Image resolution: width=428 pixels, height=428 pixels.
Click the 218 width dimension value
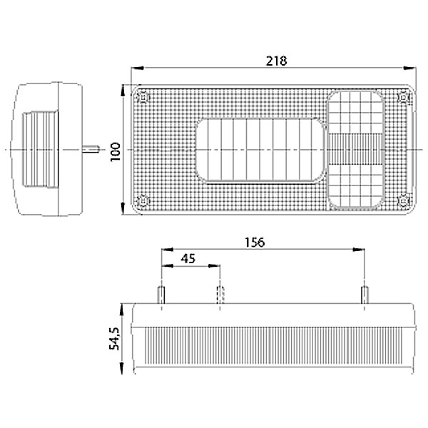coord(277,61)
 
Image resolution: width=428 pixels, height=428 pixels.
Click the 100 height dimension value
coord(116,152)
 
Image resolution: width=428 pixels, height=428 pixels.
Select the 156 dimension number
coord(255,242)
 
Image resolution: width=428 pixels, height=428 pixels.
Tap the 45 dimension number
coord(188,258)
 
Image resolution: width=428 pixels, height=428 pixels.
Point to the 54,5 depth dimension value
coord(114,338)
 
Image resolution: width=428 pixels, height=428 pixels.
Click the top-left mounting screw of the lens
coord(143,97)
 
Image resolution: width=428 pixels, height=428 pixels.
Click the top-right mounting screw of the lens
coord(403,97)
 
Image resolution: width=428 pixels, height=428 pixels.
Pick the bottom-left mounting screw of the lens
coord(143,201)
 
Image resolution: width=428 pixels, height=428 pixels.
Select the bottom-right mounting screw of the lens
coord(403,201)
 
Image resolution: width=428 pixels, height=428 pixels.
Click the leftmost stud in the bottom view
coord(161,295)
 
